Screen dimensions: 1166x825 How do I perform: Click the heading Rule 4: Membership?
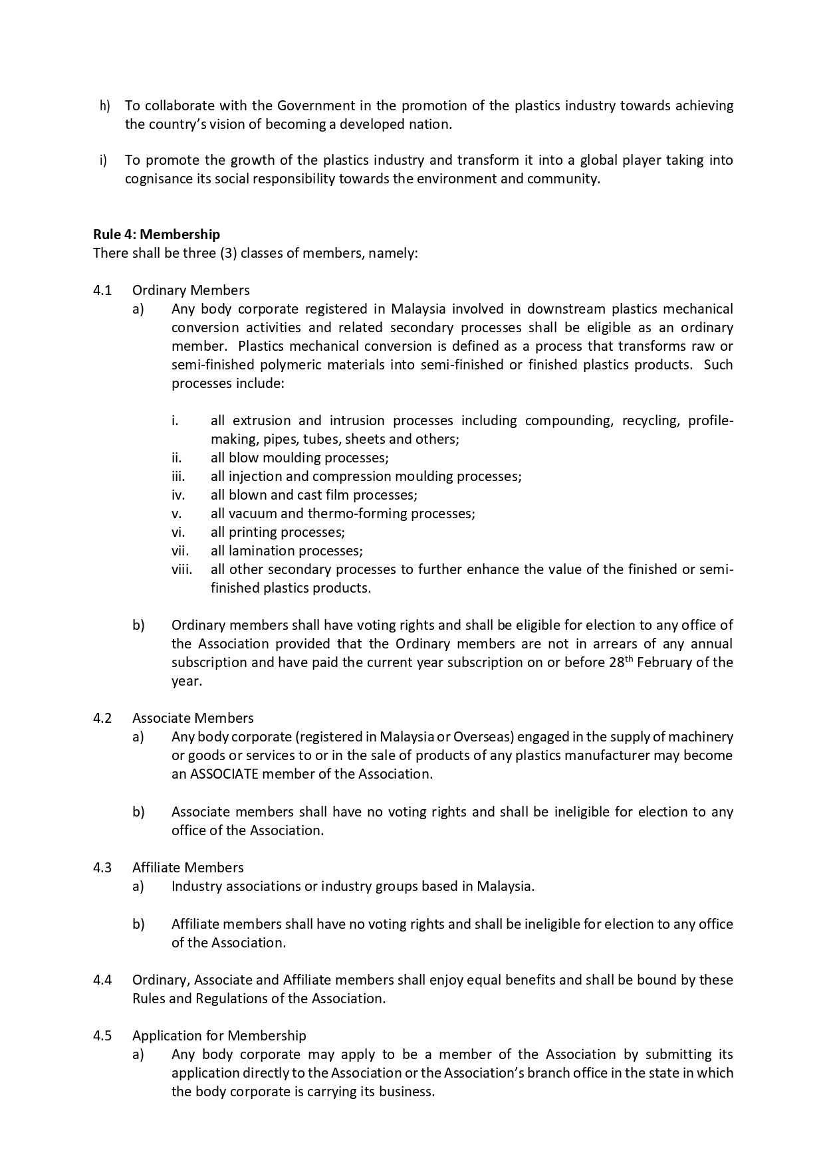click(x=156, y=235)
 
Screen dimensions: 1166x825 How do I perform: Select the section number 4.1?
click(x=102, y=290)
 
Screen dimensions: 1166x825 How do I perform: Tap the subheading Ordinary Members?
click(x=191, y=290)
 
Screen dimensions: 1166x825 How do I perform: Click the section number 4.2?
click(x=102, y=718)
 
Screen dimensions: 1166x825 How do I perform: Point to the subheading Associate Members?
click(x=193, y=718)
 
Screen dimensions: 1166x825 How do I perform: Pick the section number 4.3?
click(x=102, y=868)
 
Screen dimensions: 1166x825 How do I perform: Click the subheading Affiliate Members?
click(x=187, y=868)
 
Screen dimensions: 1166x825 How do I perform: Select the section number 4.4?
click(x=102, y=980)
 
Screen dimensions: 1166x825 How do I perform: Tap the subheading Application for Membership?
click(x=219, y=1036)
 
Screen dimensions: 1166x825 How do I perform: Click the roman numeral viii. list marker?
click(x=181, y=569)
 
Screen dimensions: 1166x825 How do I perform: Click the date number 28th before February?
click(x=621, y=662)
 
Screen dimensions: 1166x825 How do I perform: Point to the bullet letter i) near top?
click(x=103, y=160)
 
